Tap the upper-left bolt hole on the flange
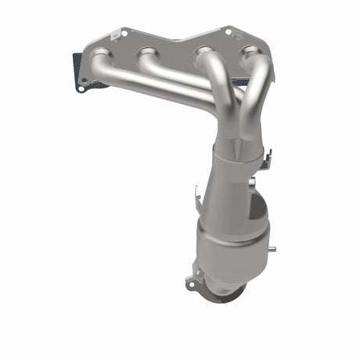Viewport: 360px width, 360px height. (121, 34)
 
